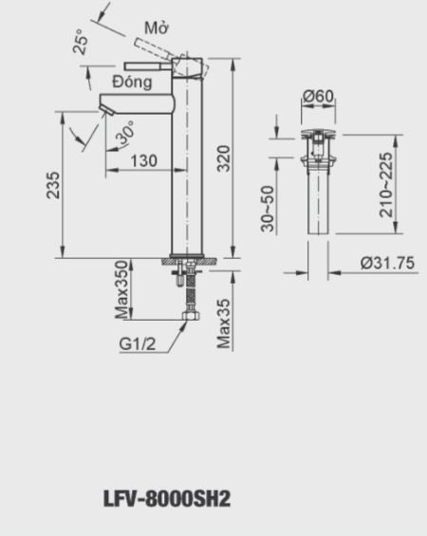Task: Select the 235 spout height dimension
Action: click(x=53, y=185)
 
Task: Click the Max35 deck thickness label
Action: click(x=224, y=323)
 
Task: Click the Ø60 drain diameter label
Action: click(x=318, y=95)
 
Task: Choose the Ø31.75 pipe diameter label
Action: click(x=387, y=265)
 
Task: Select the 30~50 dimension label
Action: click(x=269, y=208)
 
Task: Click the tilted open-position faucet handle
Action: click(x=161, y=46)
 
